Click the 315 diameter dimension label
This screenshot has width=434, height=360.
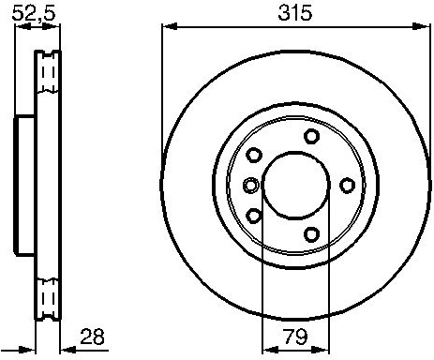pos(295,13)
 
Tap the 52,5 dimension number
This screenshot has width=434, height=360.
pos(34,13)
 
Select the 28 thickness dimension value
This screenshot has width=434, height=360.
pos(92,337)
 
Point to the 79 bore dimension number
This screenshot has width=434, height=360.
pos(295,337)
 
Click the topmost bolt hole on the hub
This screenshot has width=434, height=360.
pos(312,136)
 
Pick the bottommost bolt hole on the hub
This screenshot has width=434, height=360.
pos(312,234)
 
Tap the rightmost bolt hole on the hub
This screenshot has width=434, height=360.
pos(347,186)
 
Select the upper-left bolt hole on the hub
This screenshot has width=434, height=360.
pos(254,155)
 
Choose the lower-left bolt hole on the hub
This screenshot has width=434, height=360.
pos(254,216)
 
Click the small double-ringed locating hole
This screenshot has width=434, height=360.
pos(251,185)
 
